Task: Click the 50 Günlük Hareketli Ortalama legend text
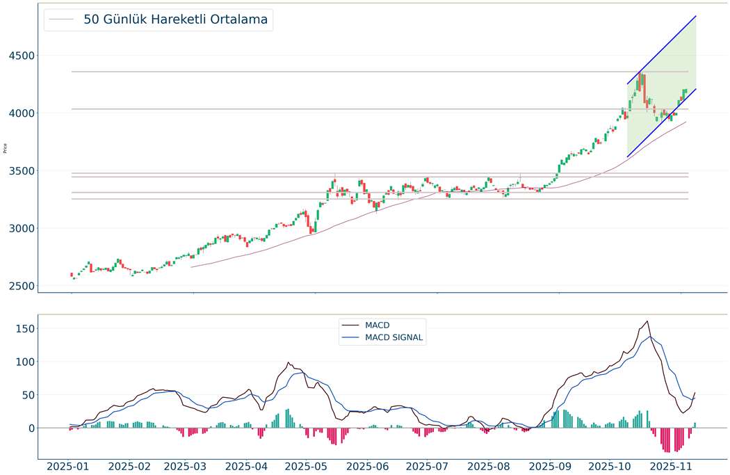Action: click(x=175, y=19)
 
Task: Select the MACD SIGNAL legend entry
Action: click(x=394, y=338)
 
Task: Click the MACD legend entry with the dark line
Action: click(x=377, y=325)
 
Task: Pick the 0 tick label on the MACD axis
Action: click(x=30, y=428)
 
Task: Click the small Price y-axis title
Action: click(x=6, y=148)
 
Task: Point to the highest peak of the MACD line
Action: click(x=647, y=321)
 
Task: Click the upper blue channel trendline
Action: click(x=661, y=50)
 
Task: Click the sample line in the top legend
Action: click(x=60, y=19)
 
